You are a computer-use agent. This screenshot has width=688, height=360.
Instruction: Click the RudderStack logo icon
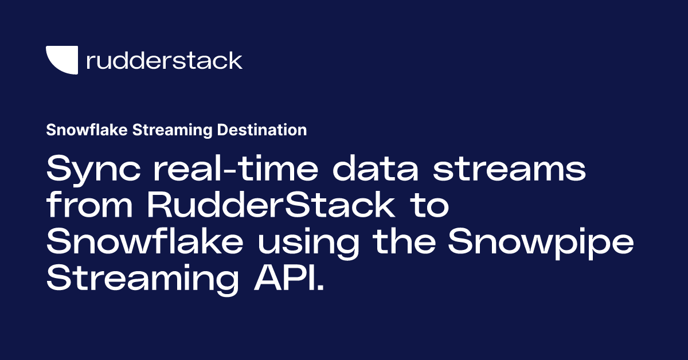61,60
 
